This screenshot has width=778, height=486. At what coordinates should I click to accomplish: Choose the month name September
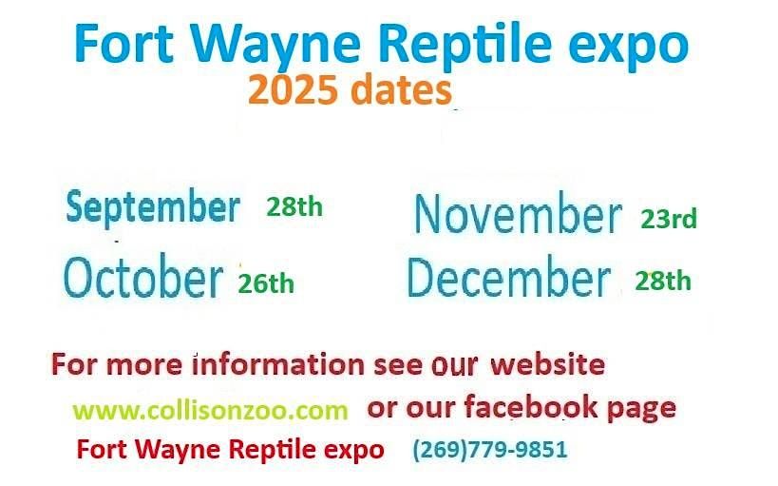tap(153, 207)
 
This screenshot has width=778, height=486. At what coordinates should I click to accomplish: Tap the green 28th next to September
tap(294, 207)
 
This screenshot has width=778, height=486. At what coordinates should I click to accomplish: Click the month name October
tap(142, 278)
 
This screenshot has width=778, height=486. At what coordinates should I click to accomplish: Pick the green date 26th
tap(266, 282)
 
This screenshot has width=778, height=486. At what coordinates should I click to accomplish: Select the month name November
tap(518, 215)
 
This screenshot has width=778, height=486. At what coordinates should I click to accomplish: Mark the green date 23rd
tap(669, 220)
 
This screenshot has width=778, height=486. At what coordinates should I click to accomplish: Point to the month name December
tap(508, 278)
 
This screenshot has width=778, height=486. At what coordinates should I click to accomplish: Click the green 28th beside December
tap(663, 281)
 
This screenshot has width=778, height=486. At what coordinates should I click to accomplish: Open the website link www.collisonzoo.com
tap(210, 411)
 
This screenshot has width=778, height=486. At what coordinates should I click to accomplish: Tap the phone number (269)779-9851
tap(489, 449)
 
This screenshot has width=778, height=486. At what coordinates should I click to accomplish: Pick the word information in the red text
tap(277, 364)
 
